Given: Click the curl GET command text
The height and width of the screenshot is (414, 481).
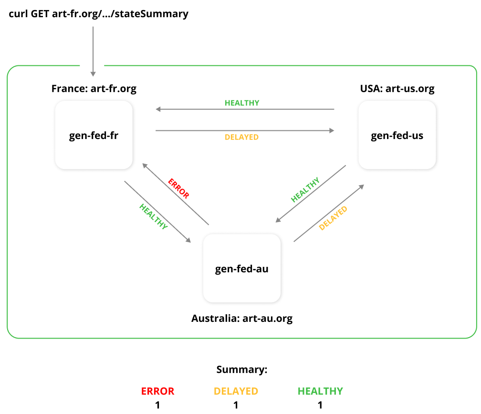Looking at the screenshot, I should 99,14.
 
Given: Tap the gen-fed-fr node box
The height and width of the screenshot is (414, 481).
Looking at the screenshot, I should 94,135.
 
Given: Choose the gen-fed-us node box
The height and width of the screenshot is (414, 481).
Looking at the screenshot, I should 397,135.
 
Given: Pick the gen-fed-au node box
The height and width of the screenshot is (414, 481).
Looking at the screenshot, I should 242,268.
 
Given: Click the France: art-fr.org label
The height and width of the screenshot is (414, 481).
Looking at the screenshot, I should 94,89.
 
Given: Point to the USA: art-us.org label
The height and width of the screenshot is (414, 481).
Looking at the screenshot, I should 397,89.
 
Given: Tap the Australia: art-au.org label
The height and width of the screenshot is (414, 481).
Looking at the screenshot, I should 242,318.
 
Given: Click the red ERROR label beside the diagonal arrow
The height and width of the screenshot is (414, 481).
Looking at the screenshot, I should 178,188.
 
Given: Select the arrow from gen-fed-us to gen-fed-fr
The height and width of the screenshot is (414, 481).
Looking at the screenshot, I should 245,109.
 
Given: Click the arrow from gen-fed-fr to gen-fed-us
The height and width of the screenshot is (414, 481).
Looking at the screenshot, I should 245,130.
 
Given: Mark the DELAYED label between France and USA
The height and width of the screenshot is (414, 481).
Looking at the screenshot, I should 241,138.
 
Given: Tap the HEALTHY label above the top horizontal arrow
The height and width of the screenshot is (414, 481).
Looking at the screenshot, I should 242,103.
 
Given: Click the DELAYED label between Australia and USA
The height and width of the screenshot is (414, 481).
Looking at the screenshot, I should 333,218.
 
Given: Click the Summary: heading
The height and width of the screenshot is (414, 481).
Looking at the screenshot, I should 241,370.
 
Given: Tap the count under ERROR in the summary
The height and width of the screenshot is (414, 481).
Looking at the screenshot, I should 157,405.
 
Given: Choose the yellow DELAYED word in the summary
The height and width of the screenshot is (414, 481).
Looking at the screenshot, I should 236,391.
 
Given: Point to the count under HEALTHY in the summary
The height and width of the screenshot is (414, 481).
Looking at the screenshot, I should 320,405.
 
